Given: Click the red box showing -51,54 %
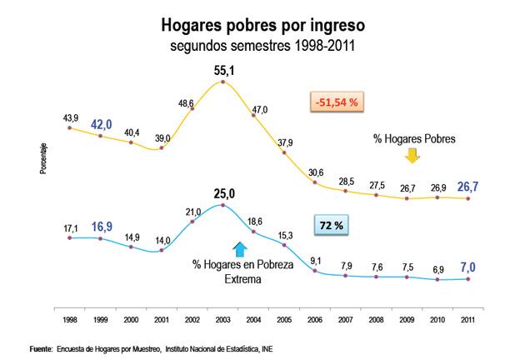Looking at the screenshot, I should (337, 102).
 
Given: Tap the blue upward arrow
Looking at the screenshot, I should (239, 247).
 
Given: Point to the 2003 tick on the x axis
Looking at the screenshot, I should (222, 318).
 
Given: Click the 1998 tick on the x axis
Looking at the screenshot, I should (68, 318).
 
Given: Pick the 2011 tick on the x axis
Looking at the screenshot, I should (467, 318).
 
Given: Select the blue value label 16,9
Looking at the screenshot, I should (102, 225).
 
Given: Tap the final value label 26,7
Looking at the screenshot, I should (468, 184).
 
